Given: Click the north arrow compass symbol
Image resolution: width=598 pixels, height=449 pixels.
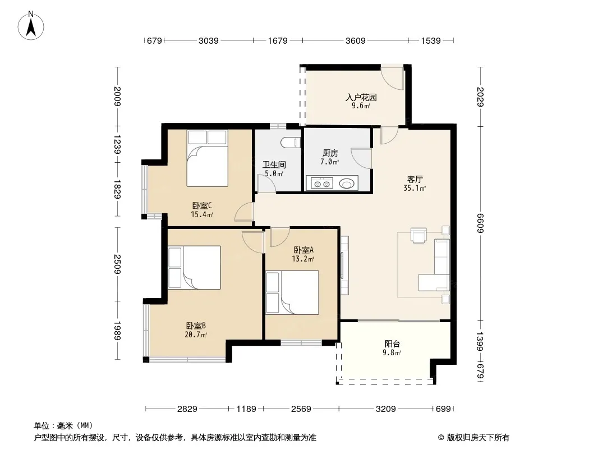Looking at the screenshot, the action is (31, 26).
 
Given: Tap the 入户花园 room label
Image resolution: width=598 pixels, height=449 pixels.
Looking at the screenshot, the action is (361, 97).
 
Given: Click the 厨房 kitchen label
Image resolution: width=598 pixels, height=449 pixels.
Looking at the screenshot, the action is (330, 153).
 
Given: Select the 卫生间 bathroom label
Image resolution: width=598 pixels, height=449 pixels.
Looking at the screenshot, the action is (274, 165).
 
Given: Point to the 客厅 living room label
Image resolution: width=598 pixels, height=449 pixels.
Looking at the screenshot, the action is (415, 179).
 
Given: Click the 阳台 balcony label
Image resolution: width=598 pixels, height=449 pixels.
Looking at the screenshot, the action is (392, 343).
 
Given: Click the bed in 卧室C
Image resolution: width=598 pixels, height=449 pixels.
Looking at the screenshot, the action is (207, 158).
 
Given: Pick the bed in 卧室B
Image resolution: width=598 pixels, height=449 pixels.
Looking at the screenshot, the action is (195, 267).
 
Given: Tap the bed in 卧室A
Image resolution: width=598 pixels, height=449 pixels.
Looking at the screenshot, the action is (292, 292).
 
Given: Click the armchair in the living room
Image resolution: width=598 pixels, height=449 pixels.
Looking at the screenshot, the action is (418, 235).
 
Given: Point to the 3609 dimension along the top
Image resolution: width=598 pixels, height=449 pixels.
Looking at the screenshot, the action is (356, 40).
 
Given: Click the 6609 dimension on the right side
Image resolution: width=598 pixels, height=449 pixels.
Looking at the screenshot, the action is (480, 223).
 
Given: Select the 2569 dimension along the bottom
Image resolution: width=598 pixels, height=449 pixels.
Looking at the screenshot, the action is (301, 409).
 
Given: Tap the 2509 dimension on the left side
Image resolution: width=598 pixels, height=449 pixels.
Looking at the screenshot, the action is (117, 264).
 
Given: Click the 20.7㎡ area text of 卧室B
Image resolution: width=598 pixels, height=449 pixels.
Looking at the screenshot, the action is (196, 335).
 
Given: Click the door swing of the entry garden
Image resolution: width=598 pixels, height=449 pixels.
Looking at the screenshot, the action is (392, 78).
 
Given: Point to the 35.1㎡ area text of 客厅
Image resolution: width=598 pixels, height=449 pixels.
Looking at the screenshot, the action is (415, 188).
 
